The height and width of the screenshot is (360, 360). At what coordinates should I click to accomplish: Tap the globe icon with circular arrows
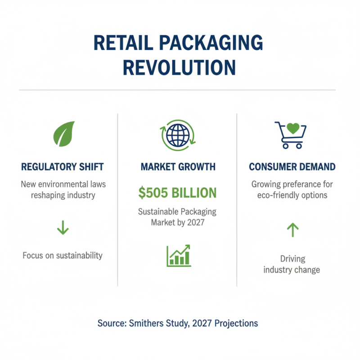(x=178, y=134)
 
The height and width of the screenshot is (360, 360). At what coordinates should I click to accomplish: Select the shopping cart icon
(x=291, y=135)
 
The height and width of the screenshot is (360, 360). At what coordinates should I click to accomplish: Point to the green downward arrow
(x=63, y=228)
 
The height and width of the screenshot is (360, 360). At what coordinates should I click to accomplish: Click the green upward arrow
(x=292, y=230)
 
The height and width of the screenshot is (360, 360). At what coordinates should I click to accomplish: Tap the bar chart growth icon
(x=178, y=256)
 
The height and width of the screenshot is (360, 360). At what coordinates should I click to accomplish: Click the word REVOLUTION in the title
(x=179, y=67)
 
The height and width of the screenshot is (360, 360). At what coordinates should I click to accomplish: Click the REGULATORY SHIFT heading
(x=63, y=167)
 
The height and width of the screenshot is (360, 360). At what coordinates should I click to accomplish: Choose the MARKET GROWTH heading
(x=178, y=167)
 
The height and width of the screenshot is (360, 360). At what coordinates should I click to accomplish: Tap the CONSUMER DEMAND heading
(x=292, y=167)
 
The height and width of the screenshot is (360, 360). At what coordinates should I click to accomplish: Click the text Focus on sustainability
(x=63, y=256)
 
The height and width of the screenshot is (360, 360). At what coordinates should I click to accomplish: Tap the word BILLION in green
(x=195, y=193)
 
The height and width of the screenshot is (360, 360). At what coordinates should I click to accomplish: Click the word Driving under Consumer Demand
(x=292, y=259)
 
